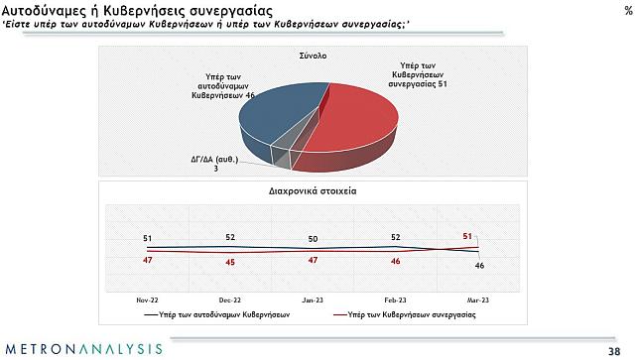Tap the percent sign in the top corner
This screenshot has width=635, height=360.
click(x=625, y=9)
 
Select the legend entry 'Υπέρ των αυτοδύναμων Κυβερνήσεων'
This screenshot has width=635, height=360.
click(x=223, y=312)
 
